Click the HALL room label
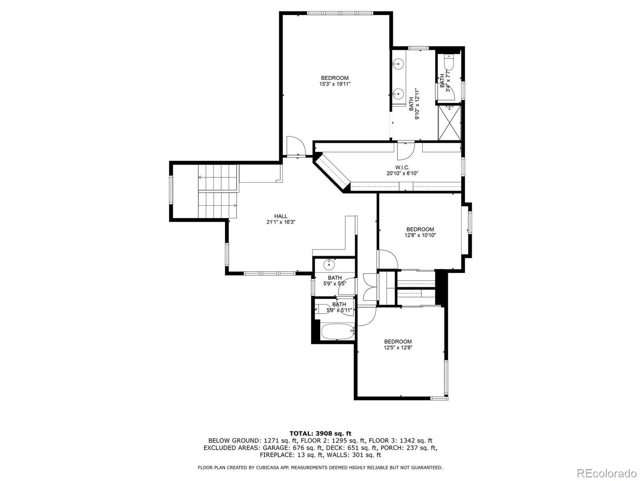(x=280, y=216)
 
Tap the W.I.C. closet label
(x=401, y=167)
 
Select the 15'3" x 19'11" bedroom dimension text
(x=335, y=84)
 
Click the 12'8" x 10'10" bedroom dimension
(x=420, y=235)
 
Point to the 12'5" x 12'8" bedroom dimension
(x=398, y=348)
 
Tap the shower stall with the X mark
(x=450, y=123)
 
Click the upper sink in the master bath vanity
(x=398, y=63)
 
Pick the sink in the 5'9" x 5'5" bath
(x=329, y=264)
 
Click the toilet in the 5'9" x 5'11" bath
(x=322, y=309)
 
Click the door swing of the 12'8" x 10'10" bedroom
(x=387, y=259)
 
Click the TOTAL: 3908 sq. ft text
(x=320, y=433)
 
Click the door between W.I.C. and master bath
(x=405, y=150)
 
